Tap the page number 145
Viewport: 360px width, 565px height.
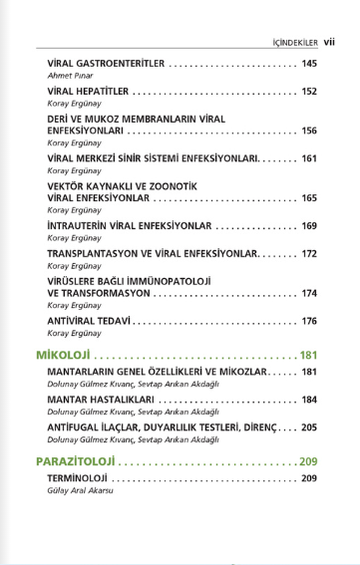coord(308,64)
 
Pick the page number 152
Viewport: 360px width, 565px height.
coord(308,91)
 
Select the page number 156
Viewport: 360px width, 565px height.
coord(308,131)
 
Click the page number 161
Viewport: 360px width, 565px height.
coord(308,157)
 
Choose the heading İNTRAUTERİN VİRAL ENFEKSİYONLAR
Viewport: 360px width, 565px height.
coord(130,225)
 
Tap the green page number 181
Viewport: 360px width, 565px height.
coord(307,355)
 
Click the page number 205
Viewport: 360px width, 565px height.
coord(308,426)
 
